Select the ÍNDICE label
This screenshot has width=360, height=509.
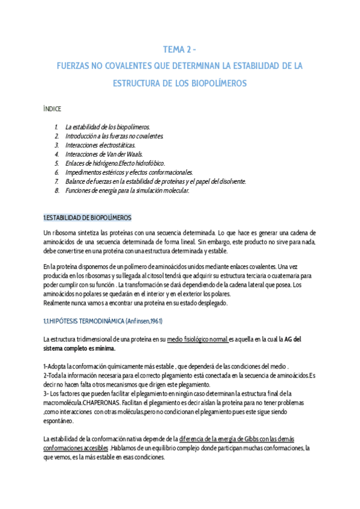click(52, 109)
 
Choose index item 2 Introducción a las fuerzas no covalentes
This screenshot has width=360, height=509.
click(114, 136)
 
